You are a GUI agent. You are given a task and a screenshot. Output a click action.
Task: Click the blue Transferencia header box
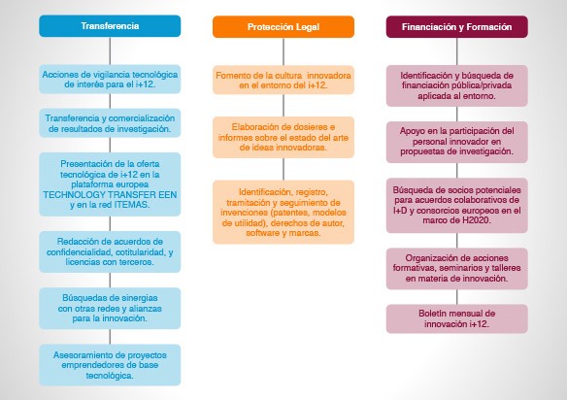tap(110, 26)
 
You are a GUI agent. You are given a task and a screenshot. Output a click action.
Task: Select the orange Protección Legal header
tap(283, 27)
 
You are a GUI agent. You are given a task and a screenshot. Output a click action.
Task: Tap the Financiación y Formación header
tap(457, 27)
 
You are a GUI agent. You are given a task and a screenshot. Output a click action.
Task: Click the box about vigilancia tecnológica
tap(110, 80)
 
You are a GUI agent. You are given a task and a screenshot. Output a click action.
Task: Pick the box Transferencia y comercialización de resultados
tap(110, 123)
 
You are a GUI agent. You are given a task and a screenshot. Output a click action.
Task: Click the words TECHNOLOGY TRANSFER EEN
tap(110, 194)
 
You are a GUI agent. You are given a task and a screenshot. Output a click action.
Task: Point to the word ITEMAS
tap(131, 205)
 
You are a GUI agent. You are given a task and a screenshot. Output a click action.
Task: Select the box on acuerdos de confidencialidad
tap(110, 251)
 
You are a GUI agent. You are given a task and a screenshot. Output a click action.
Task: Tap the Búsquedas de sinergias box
tap(110, 308)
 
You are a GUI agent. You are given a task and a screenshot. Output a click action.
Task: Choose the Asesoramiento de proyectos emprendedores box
tap(110, 365)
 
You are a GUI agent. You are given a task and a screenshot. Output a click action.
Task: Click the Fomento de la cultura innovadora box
tap(283, 80)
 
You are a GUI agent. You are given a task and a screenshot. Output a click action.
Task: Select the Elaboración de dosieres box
tap(283, 137)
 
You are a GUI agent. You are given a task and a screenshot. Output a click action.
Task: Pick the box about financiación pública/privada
tap(457, 85)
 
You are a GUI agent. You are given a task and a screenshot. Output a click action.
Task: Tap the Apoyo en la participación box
tap(457, 142)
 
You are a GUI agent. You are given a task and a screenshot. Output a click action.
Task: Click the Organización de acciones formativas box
tap(457, 268)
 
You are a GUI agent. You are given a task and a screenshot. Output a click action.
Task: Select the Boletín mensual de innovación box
tap(457, 318)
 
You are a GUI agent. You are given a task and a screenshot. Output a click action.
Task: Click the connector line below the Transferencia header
tap(110, 51)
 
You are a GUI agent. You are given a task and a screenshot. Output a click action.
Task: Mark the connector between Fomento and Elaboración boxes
tap(283, 105)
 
